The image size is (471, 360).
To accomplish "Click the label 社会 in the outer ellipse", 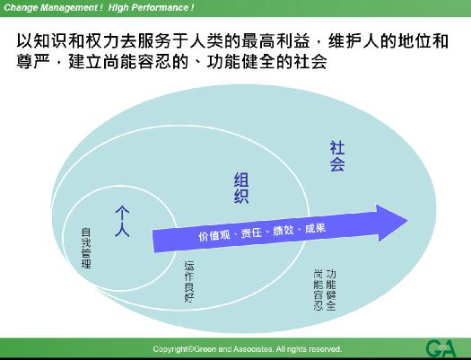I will coord(336,155).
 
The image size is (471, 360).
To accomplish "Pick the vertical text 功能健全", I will coord(331,288).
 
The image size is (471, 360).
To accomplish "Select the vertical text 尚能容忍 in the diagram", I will coord(318,288).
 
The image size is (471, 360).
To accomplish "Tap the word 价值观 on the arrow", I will coord(214,235).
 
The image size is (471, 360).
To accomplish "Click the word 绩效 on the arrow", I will coord(284,231).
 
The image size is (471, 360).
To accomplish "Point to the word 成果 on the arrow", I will coord(315,228).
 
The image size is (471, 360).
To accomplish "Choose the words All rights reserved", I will coord(309,348).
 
